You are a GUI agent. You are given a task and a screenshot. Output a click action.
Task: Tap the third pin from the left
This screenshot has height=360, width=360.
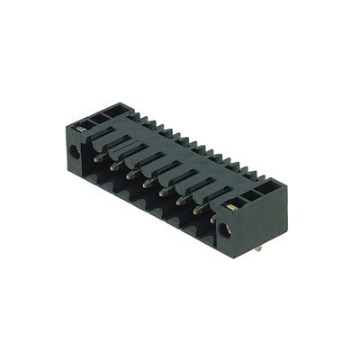click(x=130, y=174)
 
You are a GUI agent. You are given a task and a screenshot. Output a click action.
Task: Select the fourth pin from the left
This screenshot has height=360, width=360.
click(x=146, y=184)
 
